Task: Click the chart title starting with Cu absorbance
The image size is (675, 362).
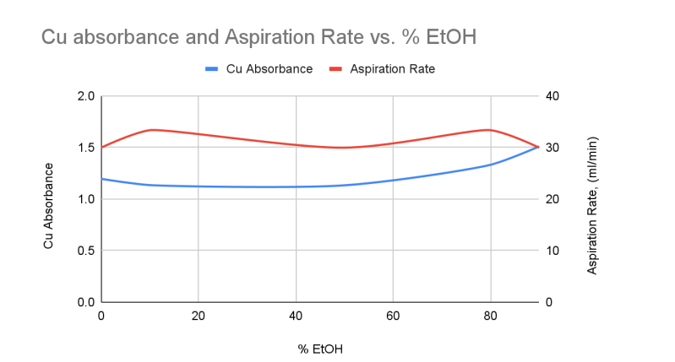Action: coord(253,38)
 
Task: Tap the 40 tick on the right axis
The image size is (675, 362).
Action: coord(553,96)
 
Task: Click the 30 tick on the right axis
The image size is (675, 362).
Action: coord(553,148)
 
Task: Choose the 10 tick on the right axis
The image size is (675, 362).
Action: coord(553,251)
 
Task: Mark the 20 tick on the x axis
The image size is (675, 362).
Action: coord(198,316)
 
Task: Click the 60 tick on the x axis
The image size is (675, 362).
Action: coord(392,316)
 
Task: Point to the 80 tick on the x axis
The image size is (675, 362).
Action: coord(489,316)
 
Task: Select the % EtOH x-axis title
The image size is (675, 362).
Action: coord(319,347)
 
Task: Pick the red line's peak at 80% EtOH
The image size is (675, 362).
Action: coord(488,130)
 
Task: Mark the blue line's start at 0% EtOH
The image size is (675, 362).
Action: coord(101,179)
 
